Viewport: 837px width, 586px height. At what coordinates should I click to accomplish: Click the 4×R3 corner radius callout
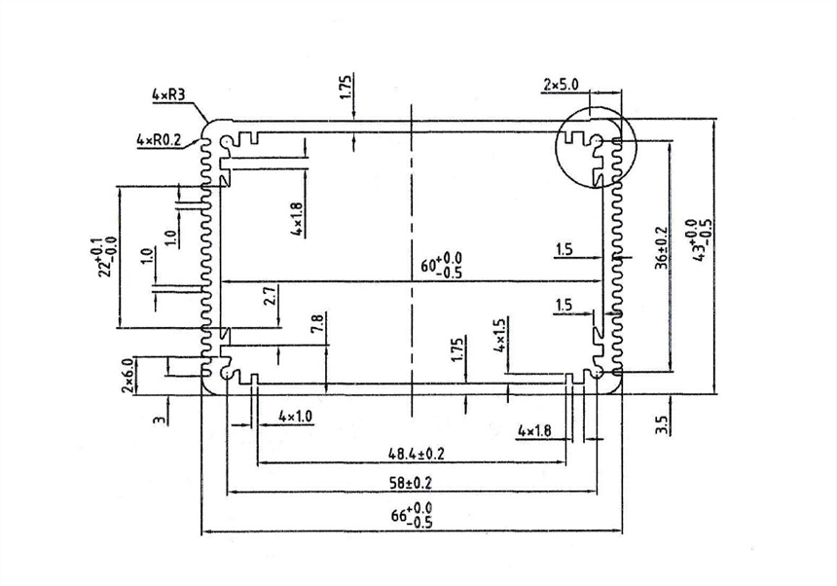tap(169, 95)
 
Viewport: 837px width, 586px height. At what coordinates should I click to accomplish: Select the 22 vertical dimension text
tap(101, 256)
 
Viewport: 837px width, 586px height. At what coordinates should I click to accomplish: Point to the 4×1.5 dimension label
tap(500, 334)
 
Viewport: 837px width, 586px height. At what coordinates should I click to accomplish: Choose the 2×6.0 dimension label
tap(127, 375)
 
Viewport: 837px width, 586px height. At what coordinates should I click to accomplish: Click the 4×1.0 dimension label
tap(295, 417)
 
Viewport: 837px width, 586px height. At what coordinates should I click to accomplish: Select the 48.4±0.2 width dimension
tap(417, 453)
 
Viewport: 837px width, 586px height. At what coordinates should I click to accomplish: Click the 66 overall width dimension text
tap(413, 516)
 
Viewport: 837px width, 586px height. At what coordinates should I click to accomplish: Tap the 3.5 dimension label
tap(662, 425)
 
